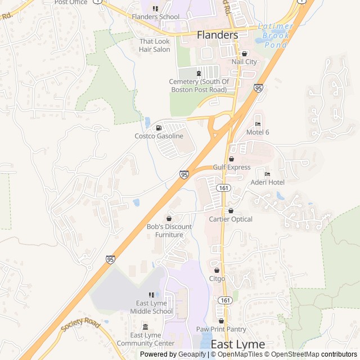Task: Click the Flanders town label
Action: (217, 35)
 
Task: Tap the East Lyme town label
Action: (237, 344)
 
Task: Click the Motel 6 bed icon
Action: (258, 124)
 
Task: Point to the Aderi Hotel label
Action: (267, 182)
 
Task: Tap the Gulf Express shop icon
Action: (231, 159)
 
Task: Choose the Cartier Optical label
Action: (231, 219)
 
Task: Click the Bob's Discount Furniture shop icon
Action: (169, 218)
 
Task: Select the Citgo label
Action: (217, 278)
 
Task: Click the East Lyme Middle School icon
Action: (151, 295)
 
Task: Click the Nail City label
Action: (244, 61)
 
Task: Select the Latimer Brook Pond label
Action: (276, 35)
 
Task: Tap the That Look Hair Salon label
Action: (155, 46)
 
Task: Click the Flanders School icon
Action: (156, 8)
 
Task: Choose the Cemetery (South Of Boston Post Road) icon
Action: (198, 73)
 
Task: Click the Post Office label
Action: (70, 2)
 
